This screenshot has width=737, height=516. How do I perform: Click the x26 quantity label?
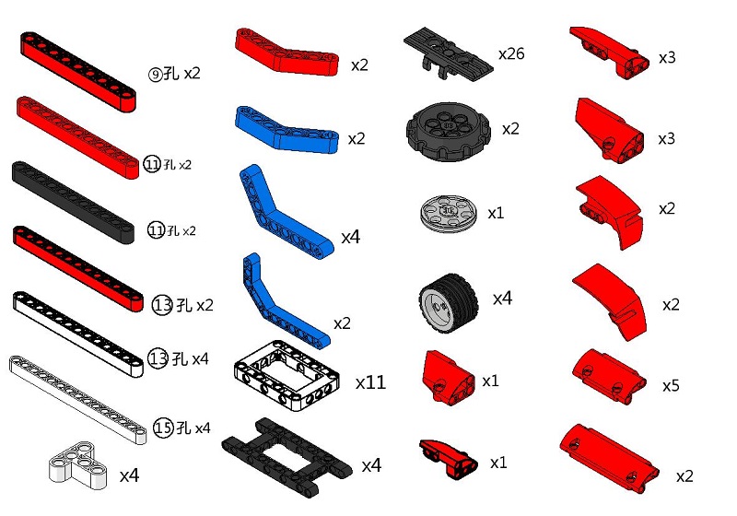point(511,54)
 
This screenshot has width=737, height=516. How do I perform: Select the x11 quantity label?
point(371,382)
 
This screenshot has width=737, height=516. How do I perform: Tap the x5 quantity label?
point(671,386)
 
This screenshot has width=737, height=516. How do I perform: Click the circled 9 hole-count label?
point(155,75)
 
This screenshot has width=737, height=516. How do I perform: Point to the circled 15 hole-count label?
point(164,428)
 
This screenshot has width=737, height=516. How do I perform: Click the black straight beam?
point(73,202)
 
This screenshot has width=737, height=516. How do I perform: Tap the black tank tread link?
point(449,53)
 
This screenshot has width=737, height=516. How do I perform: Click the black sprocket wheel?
point(449,131)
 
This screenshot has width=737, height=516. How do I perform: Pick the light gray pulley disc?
point(449,214)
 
